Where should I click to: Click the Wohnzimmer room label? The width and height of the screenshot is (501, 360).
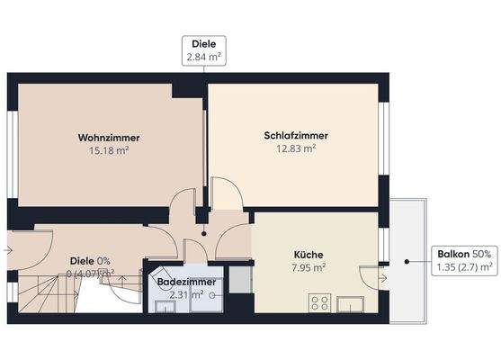pyautogui.click(x=108, y=137)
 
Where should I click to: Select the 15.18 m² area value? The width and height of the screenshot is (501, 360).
pyautogui.click(x=108, y=150)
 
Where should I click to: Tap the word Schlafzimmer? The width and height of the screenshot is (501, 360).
pyautogui.click(x=296, y=136)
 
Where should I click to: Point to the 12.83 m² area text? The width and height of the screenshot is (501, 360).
pyautogui.click(x=296, y=149)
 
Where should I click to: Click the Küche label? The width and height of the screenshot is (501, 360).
pyautogui.click(x=308, y=254)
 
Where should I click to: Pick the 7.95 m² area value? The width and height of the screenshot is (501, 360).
pyautogui.click(x=308, y=267)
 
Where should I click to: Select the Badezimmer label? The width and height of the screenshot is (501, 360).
pyautogui.click(x=186, y=282)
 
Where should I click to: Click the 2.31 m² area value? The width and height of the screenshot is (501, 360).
pyautogui.click(x=186, y=294)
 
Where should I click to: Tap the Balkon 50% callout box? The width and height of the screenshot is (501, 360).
pyautogui.click(x=464, y=260)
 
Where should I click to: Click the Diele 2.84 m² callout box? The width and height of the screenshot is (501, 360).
pyautogui.click(x=204, y=49)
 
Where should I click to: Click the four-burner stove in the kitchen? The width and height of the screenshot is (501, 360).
pyautogui.click(x=320, y=302)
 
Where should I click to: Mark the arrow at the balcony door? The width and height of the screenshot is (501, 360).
pyautogui.click(x=382, y=277)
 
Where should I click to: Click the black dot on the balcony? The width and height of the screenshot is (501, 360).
pyautogui.click(x=407, y=262)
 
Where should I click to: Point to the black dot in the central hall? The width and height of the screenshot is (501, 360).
pyautogui.click(x=204, y=233)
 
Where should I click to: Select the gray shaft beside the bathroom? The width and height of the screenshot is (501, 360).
pyautogui.click(x=238, y=280)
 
